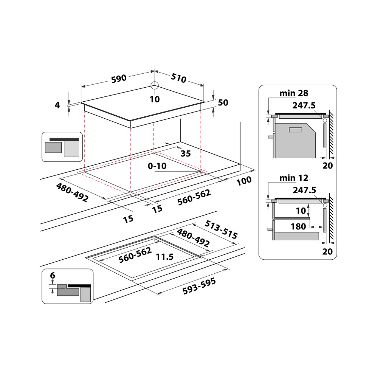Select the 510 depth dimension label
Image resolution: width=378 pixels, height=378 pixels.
coord(179,78)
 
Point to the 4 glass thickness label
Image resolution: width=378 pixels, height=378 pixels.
coord(57,105)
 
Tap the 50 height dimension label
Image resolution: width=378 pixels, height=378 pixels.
coord(223,102)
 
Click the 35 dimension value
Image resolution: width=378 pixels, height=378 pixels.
coord(185,153)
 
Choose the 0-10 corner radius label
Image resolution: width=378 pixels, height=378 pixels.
coord(157,166)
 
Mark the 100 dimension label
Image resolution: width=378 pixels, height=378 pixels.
coord(244,181)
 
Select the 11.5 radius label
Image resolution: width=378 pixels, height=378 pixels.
coord(164,257)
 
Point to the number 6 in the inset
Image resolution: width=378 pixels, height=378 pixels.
coord(53,276)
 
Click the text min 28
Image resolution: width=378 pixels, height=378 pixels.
coord(293,93)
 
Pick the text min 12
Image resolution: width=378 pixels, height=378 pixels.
coord(293,178)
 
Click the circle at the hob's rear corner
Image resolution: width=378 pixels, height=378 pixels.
coord(155,85)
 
